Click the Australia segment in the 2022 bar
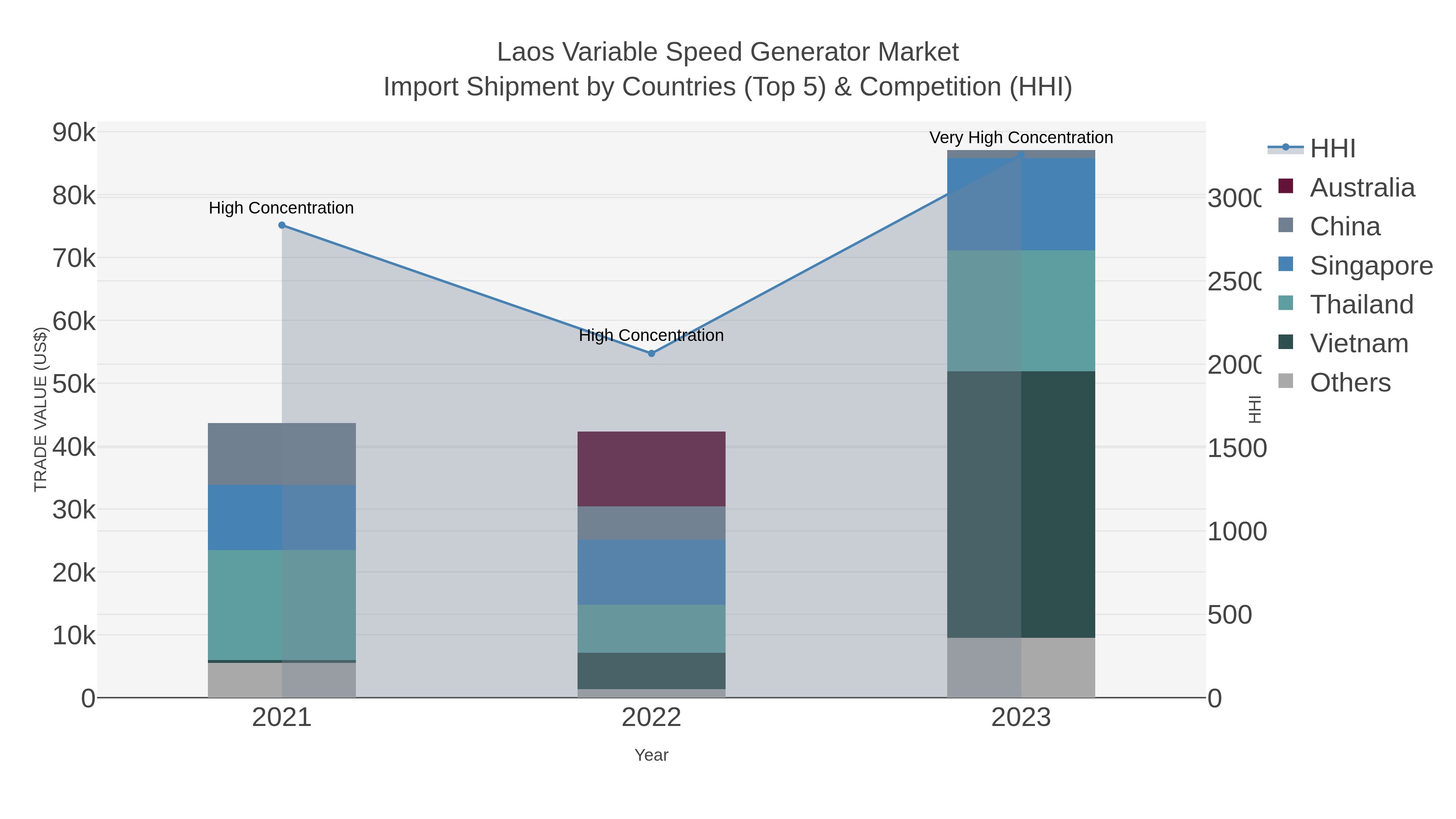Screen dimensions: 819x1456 (x=651, y=469)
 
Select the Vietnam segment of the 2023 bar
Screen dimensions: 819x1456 (x=1021, y=504)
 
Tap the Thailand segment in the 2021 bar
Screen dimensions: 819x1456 (x=281, y=605)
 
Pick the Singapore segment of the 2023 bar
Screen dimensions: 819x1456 (x=1021, y=204)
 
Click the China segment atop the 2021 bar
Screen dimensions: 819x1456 (x=281, y=454)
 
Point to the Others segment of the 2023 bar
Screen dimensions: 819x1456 (x=1021, y=667)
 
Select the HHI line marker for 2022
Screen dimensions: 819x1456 (x=651, y=353)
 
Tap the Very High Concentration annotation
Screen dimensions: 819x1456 (x=1021, y=138)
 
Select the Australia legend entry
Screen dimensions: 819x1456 (x=1362, y=188)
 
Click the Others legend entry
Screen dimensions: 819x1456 (x=1350, y=383)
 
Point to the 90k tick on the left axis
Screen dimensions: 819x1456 (x=74, y=133)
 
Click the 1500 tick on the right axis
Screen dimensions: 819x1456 (x=1237, y=448)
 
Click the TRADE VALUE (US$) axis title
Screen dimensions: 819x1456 (x=41, y=409)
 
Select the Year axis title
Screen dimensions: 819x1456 (x=651, y=755)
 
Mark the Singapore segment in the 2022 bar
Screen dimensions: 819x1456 (x=651, y=572)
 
